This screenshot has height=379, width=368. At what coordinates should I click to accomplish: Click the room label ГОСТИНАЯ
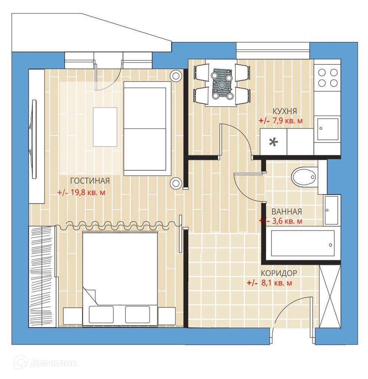[x=90, y=181]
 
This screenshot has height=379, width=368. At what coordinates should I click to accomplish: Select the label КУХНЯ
[x=284, y=111]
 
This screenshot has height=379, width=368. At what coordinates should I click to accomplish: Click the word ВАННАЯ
[x=287, y=211]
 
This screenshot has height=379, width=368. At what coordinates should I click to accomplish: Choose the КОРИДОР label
[x=279, y=273]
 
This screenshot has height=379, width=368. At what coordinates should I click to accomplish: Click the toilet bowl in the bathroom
[x=304, y=177]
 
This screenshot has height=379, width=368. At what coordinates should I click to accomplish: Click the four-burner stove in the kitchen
[x=327, y=77]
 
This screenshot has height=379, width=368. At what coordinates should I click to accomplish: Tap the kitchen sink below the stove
[x=328, y=129]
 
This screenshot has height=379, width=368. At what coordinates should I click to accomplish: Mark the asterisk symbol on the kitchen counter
[x=273, y=142]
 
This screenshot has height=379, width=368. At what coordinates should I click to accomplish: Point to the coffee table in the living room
[x=105, y=127]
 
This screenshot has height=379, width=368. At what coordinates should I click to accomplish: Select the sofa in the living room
[x=148, y=128]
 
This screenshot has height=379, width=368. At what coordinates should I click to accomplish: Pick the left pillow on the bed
[x=101, y=315]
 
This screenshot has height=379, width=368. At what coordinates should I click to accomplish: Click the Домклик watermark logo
[x=46, y=363]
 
